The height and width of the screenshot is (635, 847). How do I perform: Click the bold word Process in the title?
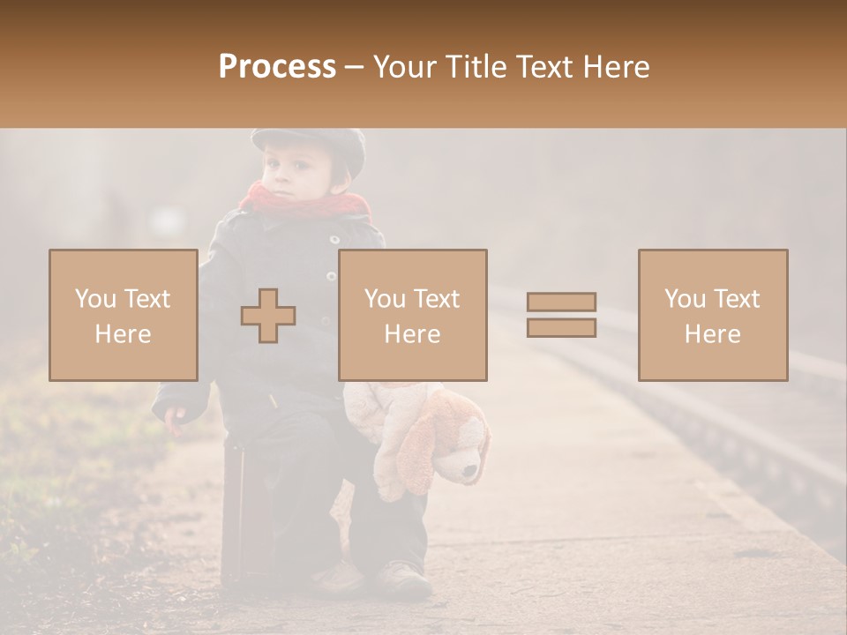pos(277,67)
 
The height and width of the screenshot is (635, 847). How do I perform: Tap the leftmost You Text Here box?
pos(123,315)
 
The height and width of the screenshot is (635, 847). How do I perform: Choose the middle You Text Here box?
pos(412,315)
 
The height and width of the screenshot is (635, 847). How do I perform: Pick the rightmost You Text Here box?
pos(712,315)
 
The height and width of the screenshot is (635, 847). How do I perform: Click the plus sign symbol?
pos(268,315)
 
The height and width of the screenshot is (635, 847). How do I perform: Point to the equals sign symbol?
pos(561,315)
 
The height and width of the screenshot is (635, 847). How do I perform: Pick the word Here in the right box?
pos(712,333)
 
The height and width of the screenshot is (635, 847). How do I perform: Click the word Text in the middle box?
pos(436,298)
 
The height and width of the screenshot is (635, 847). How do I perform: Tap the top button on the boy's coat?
pos(334,240)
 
